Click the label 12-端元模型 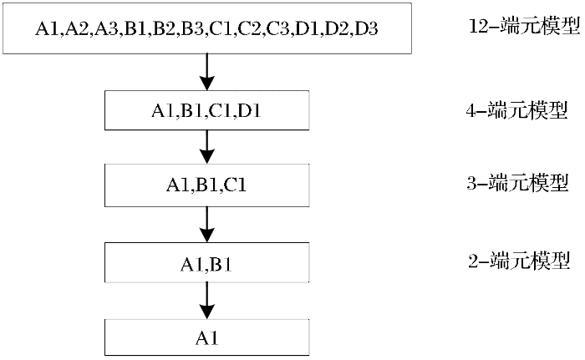coord(524,26)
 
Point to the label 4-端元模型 coord(516,110)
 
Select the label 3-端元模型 coord(517,183)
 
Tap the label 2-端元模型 coord(519,261)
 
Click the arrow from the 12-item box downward coord(207,72)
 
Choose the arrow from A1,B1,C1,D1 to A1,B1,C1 coord(207,147)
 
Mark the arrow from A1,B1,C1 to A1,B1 coord(207,225)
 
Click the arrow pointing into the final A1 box coord(207,301)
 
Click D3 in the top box coord(366,28)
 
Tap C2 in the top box coord(250,28)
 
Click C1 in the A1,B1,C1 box coord(235,185)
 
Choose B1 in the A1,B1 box coord(221,265)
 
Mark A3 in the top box coord(105,28)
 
